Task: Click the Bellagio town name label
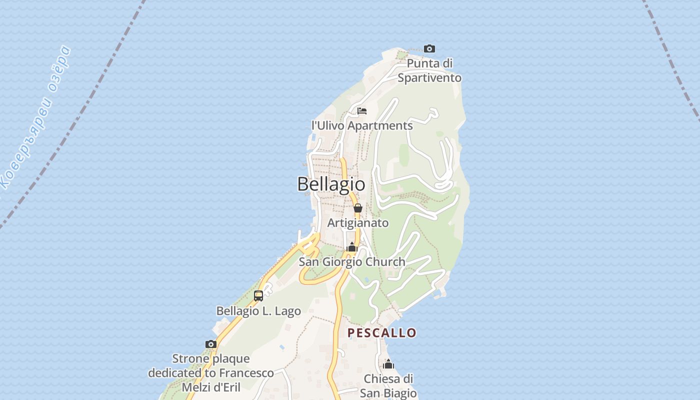coord(331,184)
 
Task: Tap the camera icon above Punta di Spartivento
coord(429,48)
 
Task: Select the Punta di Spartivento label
coord(429,70)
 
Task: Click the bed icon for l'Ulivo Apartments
coord(362,110)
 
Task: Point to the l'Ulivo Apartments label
coord(362,125)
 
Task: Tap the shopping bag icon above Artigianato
coord(358,208)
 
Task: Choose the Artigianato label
coord(358,223)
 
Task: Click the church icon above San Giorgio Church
coord(352,247)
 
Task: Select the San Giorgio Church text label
coord(352,261)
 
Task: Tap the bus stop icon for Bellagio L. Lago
coord(258,295)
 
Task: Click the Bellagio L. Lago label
coord(258,311)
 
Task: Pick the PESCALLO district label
coord(382,333)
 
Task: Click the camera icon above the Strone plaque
coord(211,344)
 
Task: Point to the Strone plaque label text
coord(211,373)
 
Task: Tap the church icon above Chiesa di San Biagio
coord(388,364)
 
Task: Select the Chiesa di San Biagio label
coord(388,386)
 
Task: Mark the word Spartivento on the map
coord(429,78)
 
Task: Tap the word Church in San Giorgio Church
coord(385,261)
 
